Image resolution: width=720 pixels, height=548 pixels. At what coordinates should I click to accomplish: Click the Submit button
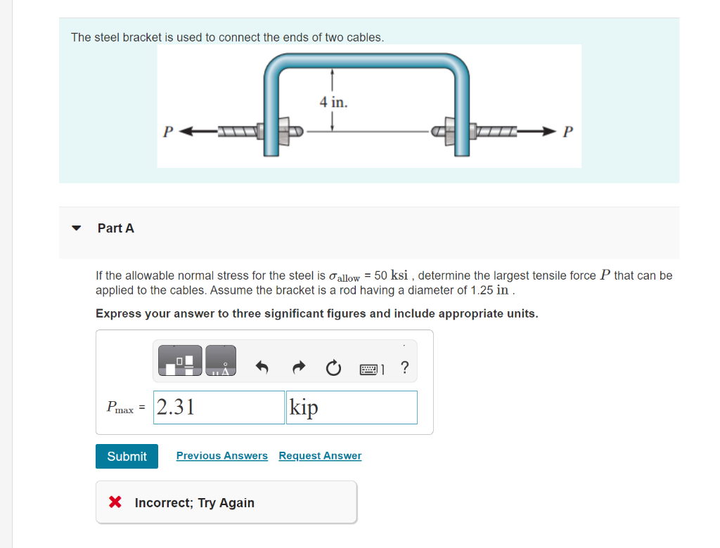click(127, 456)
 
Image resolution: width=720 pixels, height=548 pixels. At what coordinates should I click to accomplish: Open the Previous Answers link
click(221, 456)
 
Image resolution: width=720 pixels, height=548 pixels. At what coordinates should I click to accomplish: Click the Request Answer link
click(320, 456)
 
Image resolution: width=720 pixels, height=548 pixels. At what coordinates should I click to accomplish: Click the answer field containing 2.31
click(219, 407)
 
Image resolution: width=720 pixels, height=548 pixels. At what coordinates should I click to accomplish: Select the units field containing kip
click(352, 407)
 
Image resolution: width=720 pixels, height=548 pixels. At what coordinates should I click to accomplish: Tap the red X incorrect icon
click(115, 502)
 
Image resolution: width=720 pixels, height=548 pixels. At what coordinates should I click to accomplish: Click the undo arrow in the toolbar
click(262, 367)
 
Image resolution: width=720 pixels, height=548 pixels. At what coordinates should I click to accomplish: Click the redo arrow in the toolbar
click(297, 367)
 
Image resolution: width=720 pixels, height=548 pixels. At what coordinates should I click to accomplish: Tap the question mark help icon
click(404, 367)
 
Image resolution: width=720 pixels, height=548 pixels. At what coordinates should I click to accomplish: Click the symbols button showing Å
click(221, 359)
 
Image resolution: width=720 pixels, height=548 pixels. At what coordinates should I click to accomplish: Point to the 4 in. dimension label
click(333, 103)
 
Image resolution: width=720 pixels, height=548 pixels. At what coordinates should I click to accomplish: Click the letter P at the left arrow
click(167, 131)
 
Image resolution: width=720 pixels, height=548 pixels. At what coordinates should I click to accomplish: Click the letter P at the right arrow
click(569, 131)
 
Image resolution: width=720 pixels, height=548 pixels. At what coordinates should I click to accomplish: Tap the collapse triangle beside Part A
click(77, 228)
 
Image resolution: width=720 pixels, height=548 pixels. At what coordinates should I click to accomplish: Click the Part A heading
click(116, 228)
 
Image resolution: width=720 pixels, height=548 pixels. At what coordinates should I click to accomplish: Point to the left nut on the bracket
click(285, 131)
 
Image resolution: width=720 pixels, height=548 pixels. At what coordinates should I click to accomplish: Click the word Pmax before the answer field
click(119, 407)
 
